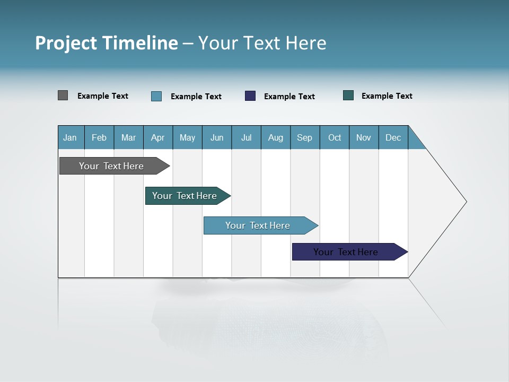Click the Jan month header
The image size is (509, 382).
point(71,137)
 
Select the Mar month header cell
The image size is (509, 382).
point(128,137)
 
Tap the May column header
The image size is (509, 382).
point(187,137)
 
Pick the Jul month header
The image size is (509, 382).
point(246,137)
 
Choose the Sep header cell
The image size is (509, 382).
point(305,137)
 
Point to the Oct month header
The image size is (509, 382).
point(335,137)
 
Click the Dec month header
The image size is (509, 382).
point(393,137)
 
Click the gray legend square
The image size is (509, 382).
point(63,95)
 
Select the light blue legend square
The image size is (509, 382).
point(156,96)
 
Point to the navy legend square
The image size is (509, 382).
point(250,95)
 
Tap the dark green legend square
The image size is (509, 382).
point(348,95)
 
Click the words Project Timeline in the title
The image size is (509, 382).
point(106,43)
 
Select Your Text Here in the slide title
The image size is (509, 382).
point(262,43)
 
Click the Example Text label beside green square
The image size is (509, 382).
point(387,96)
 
